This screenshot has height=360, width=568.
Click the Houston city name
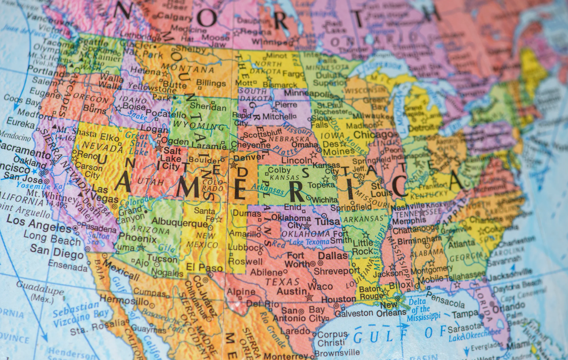338,299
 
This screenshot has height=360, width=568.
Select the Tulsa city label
328,221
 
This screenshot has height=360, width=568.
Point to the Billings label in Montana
211,83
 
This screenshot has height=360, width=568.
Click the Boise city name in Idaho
134,107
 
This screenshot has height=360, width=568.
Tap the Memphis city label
409,221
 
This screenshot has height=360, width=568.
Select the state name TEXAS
282,281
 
